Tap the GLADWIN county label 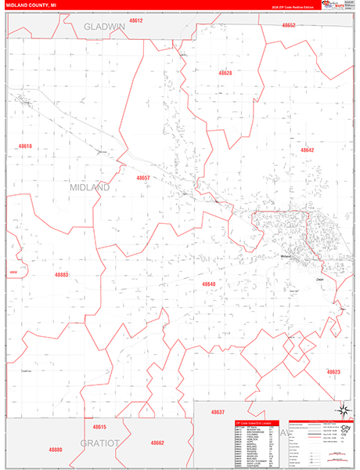105,26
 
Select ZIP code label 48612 136,20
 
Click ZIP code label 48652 289,25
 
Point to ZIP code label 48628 225,73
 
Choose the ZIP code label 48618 25,146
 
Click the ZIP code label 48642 307,150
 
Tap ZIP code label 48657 142,178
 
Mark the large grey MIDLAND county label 91,189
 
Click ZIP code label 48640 208,284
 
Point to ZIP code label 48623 333,371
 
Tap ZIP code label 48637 218,412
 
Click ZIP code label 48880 55,450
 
